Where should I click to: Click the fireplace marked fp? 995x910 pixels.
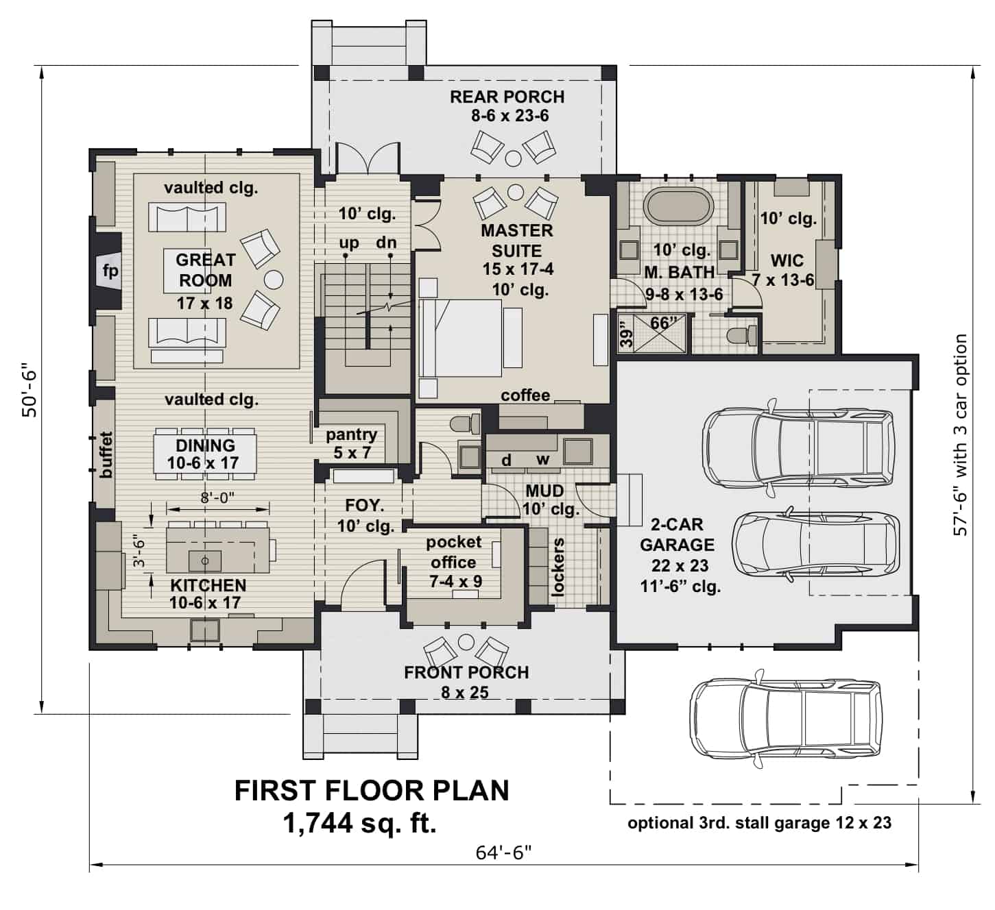coord(110,271)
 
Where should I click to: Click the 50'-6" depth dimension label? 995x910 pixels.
coord(30,393)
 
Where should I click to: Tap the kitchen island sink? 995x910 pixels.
coord(204,560)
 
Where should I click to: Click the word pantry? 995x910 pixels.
coord(351,434)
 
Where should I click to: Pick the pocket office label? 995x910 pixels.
coord(453,552)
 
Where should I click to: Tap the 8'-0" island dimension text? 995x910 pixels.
coord(217,498)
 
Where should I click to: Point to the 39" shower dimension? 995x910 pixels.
coord(624,334)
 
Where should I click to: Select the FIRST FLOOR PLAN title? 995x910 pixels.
coord(372,790)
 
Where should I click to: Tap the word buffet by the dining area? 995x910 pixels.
coord(106,454)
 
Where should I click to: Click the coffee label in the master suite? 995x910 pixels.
coord(525,395)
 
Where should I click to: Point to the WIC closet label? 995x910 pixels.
coord(787,260)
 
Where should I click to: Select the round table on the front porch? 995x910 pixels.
coord(466,641)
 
